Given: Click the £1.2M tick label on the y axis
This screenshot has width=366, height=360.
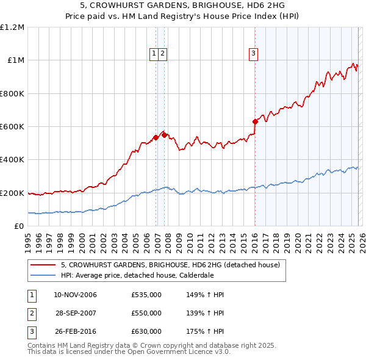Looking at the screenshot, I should [12, 27].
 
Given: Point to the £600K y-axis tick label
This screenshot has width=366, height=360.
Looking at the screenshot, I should [12, 127].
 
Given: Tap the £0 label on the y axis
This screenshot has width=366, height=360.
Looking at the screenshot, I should [20, 226].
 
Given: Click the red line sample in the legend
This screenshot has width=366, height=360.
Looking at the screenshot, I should [43, 265].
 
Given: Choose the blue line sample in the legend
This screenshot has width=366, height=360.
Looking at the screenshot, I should [43, 275].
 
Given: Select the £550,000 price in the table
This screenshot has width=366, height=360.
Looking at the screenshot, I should [146, 313].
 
